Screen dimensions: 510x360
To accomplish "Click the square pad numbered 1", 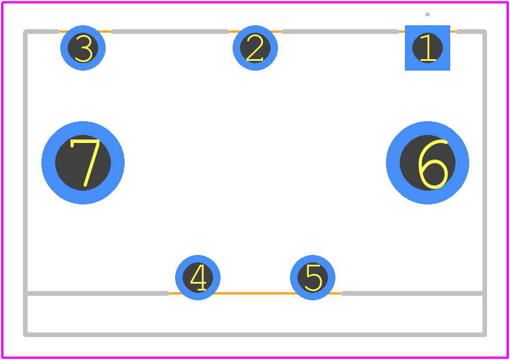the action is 427,48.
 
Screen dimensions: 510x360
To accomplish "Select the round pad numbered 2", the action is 256,48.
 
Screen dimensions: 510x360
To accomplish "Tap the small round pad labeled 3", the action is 83,48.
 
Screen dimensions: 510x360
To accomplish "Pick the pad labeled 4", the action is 198,277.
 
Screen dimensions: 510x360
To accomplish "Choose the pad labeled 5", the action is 312,277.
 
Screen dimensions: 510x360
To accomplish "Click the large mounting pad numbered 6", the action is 427,162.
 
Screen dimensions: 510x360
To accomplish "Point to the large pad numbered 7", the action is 83,162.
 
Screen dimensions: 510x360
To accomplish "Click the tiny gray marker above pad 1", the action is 427,14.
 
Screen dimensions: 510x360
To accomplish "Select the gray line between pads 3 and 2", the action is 170,32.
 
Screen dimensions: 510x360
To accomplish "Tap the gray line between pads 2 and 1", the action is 340,32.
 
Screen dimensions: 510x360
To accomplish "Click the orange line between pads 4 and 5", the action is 256,293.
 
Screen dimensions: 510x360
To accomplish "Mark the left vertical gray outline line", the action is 25,183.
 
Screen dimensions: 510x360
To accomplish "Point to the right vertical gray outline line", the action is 485,183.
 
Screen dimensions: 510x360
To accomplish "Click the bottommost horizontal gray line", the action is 255,335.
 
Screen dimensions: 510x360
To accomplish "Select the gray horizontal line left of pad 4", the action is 98,293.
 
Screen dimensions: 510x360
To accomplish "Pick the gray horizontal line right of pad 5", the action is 413,293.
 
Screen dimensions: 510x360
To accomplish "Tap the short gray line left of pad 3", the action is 41,32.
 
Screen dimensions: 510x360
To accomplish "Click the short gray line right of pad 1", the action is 472,32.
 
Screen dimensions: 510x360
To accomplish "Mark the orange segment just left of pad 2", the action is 231,32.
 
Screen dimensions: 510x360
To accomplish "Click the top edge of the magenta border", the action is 255,2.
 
